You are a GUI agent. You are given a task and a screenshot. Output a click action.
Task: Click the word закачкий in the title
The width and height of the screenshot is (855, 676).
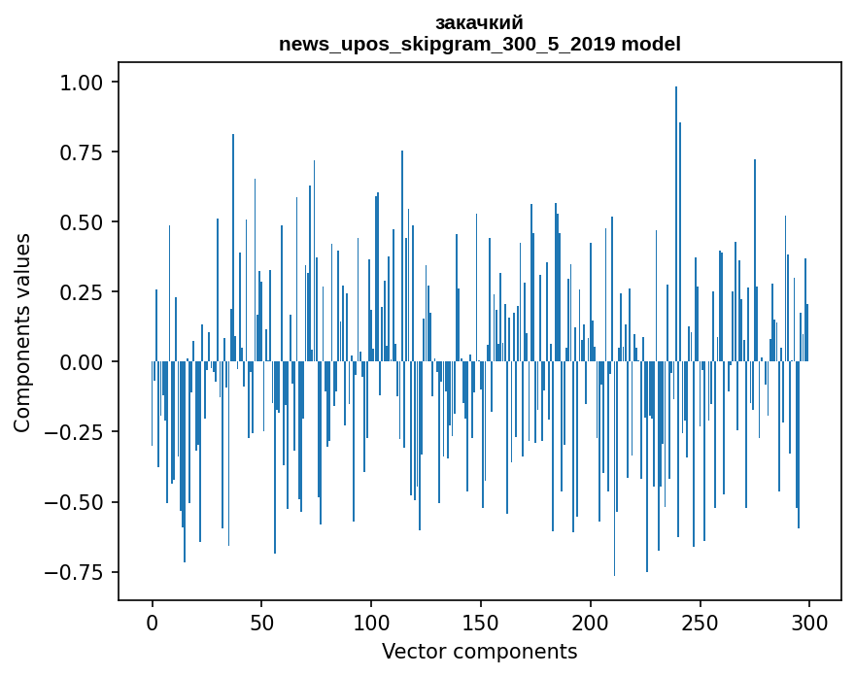[x=479, y=22]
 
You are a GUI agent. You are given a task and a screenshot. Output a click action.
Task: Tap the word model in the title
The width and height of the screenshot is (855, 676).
[x=651, y=44]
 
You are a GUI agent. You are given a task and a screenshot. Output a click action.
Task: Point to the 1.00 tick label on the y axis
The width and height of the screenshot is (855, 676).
[x=86, y=83]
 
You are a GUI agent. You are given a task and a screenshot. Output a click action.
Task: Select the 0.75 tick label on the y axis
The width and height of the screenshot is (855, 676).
[x=86, y=152]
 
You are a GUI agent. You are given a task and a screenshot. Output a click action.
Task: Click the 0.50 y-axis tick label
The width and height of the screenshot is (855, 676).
[x=86, y=222]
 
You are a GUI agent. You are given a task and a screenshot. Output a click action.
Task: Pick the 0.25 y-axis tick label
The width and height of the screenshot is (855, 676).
[x=86, y=292]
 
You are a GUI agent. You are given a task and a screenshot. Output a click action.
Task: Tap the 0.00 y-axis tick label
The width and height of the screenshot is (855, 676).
[x=86, y=362]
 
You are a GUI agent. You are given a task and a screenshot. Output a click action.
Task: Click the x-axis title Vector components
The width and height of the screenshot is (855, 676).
[x=480, y=651]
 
